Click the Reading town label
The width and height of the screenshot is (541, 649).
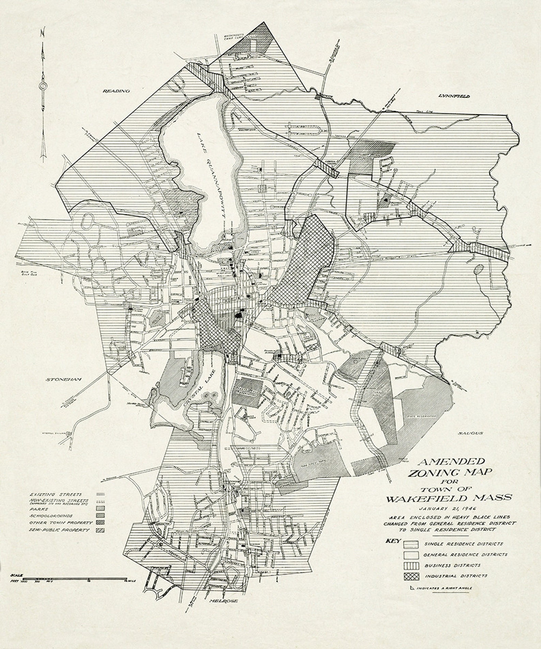(x=112, y=91)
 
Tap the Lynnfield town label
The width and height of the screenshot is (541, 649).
(x=454, y=96)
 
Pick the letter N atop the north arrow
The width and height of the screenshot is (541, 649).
(x=42, y=33)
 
